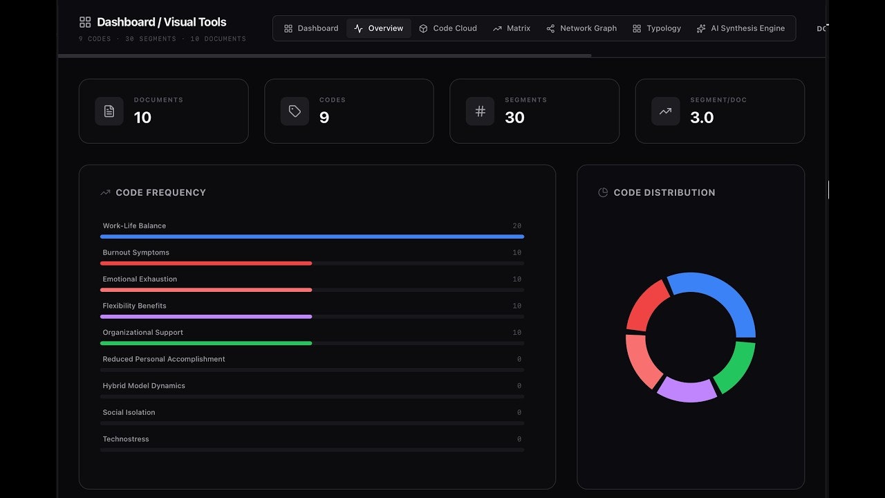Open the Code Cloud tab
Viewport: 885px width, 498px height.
[448, 28]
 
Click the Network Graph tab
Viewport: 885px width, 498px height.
[581, 28]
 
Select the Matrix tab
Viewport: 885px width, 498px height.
[512, 28]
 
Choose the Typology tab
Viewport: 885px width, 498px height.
[656, 28]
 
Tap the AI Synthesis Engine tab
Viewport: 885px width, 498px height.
[740, 28]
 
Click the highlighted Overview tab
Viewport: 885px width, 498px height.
[378, 28]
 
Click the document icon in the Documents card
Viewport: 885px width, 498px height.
[109, 111]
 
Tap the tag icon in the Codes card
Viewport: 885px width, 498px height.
[295, 111]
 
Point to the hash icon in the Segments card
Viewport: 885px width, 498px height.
[480, 111]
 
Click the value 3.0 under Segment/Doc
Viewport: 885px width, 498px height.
[702, 118]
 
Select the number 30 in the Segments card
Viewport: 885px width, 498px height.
[514, 118]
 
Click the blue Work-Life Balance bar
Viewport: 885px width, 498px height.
[312, 237]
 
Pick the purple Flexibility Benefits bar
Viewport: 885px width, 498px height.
[206, 317]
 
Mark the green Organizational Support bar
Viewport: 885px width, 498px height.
[206, 343]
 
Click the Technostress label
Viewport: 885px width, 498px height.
[126, 439]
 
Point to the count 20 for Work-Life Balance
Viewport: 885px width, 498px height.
[517, 226]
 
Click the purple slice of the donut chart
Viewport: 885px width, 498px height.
[687, 391]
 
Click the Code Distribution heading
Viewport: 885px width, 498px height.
[664, 192]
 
